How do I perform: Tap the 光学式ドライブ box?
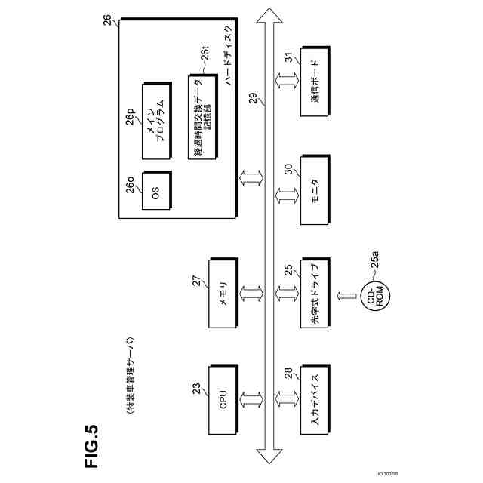coord(315,295)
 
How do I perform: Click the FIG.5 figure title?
coord(91,446)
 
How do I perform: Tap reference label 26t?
coord(205,54)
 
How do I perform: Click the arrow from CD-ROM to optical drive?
coord(342,295)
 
